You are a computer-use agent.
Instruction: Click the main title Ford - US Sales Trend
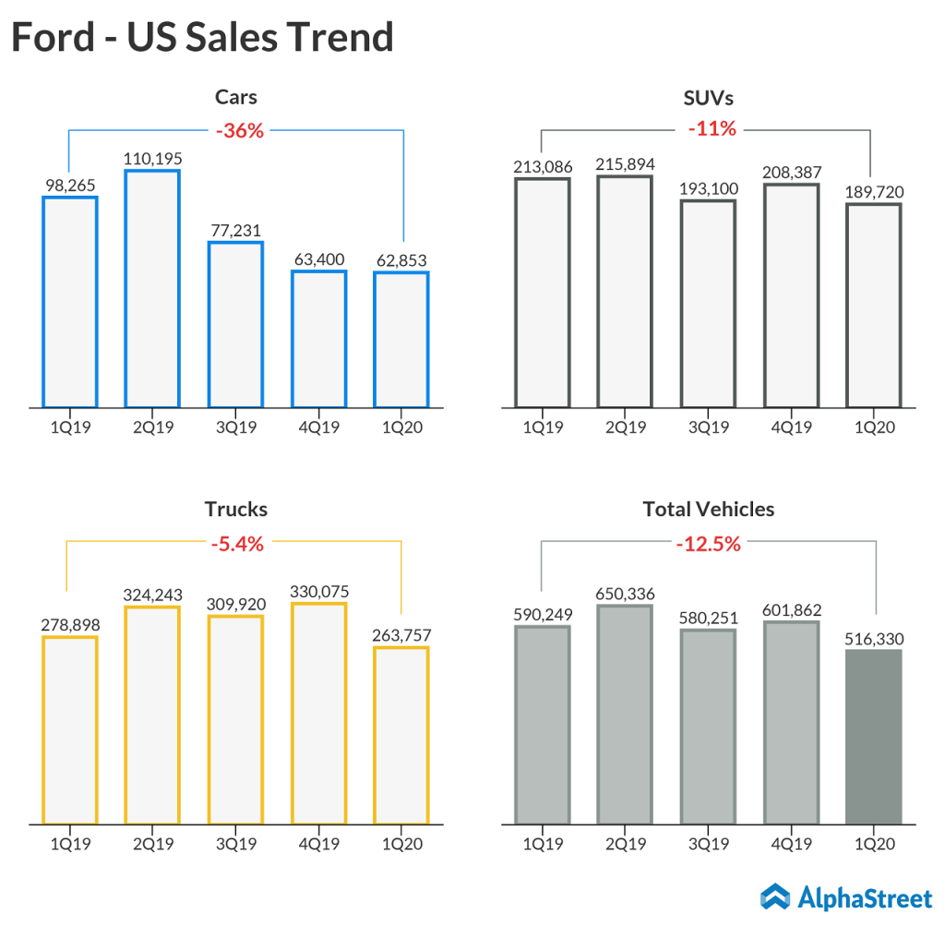202,37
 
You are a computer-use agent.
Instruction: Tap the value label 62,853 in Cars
401,259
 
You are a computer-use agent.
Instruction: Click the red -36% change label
240,131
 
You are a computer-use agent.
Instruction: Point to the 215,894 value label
625,164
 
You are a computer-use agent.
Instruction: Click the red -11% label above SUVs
712,129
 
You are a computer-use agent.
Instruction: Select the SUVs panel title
709,97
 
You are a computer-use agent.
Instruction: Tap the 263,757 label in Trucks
401,635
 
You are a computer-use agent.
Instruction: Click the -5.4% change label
237,544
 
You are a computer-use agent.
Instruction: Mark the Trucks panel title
236,509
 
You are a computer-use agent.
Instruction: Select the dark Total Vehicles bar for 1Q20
873,736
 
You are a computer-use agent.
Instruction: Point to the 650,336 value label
625,593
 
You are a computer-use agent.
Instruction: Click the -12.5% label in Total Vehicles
709,544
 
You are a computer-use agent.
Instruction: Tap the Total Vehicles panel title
709,509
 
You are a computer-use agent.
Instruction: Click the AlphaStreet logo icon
775,896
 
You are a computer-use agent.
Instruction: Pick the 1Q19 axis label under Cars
70,427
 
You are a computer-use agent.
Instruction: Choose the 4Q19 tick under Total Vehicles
791,842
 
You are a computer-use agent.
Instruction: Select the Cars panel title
236,97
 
